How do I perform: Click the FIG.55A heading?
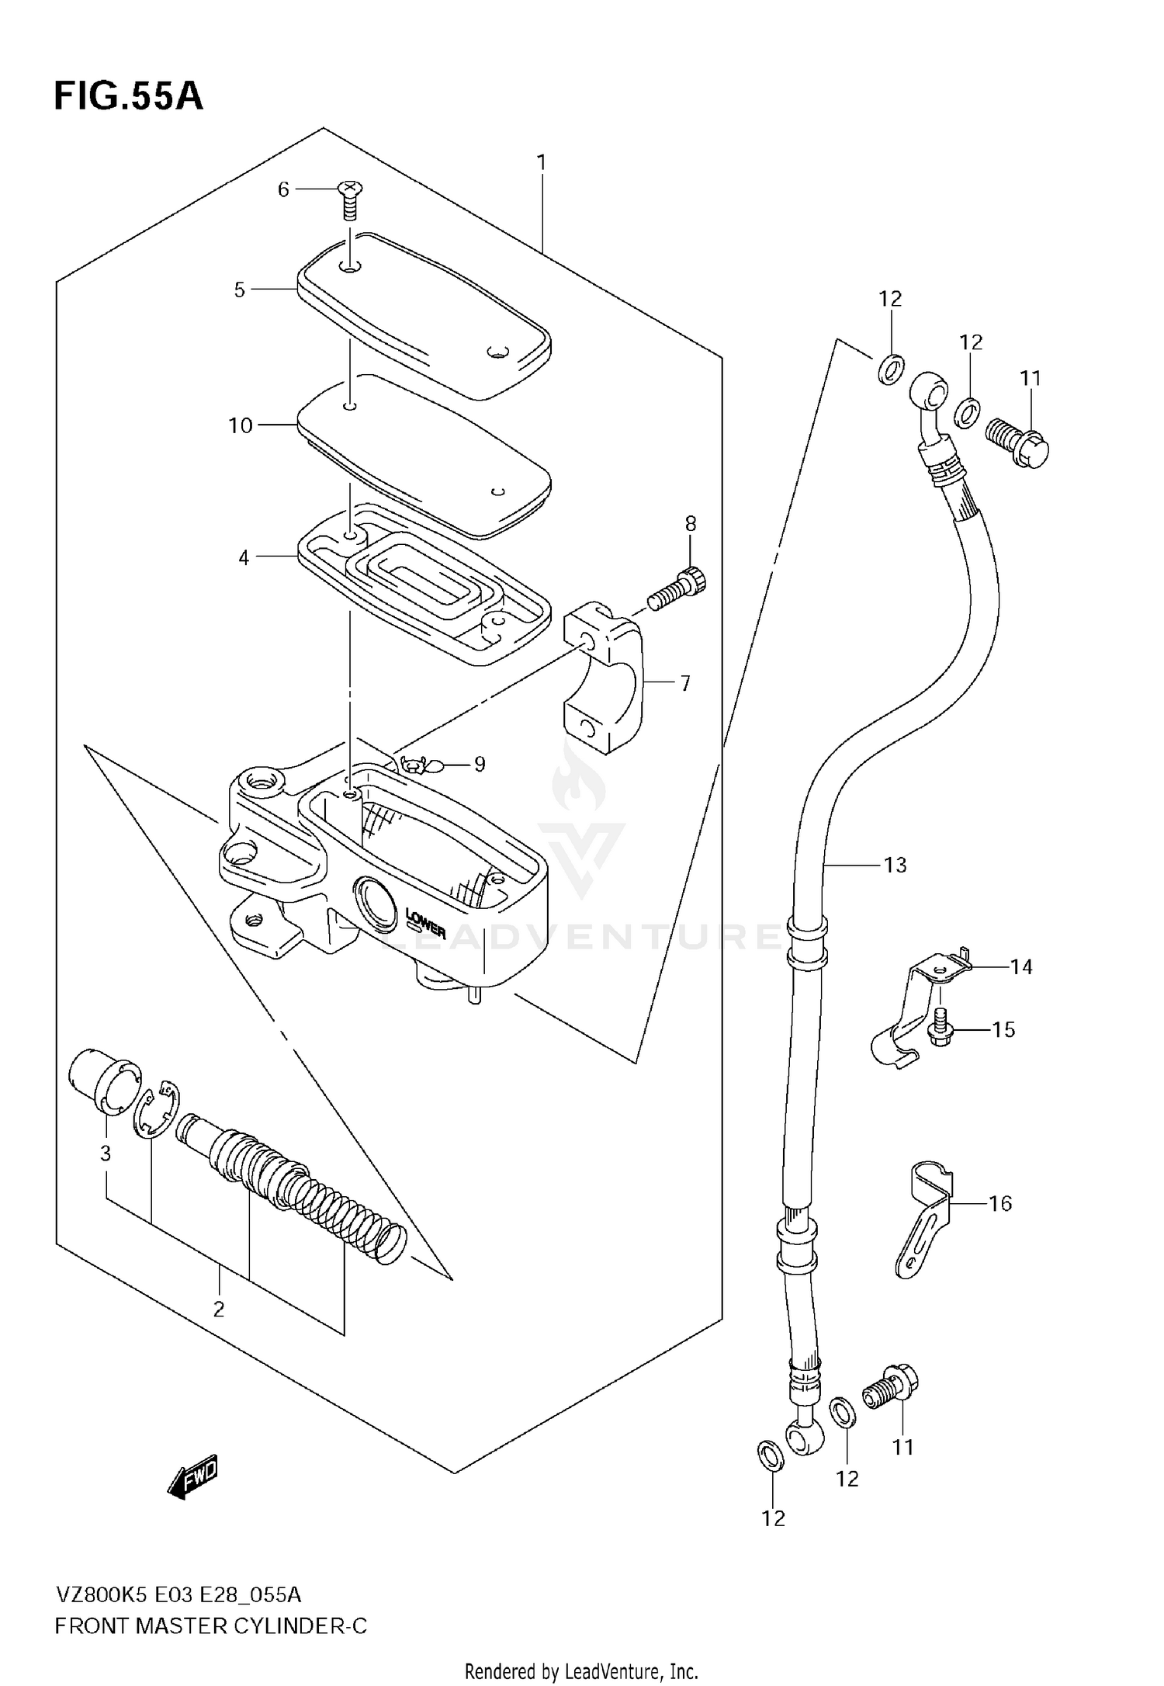(128, 96)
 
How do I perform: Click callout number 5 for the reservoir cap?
(240, 290)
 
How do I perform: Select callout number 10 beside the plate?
(241, 425)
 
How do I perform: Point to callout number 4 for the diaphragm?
(244, 557)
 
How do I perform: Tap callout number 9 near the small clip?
(480, 765)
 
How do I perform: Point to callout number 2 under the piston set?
(219, 1309)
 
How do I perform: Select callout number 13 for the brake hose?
(895, 865)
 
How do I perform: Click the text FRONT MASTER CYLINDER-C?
(210, 1625)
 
